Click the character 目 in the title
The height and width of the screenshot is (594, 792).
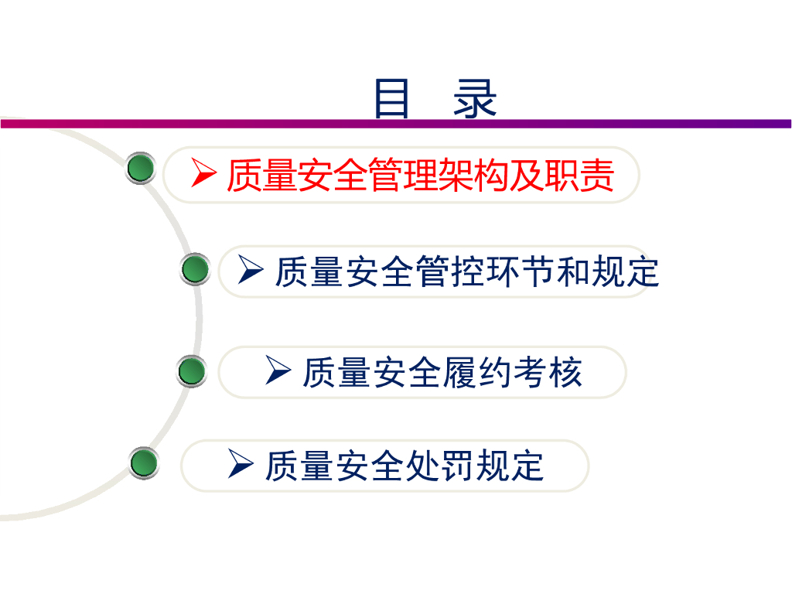[x=391, y=98]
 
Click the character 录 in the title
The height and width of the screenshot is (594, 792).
[x=475, y=98]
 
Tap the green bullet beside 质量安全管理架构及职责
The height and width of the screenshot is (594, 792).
[x=140, y=169]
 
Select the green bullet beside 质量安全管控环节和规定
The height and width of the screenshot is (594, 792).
[x=195, y=270]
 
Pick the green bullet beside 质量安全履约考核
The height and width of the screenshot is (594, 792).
[x=191, y=371]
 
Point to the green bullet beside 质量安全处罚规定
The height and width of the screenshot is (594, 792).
[x=143, y=463]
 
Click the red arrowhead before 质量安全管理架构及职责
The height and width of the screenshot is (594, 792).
[x=203, y=174]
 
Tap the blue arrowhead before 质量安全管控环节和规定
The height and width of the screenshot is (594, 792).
[x=251, y=270]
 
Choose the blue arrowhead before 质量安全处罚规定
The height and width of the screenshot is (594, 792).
[x=241, y=465]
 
